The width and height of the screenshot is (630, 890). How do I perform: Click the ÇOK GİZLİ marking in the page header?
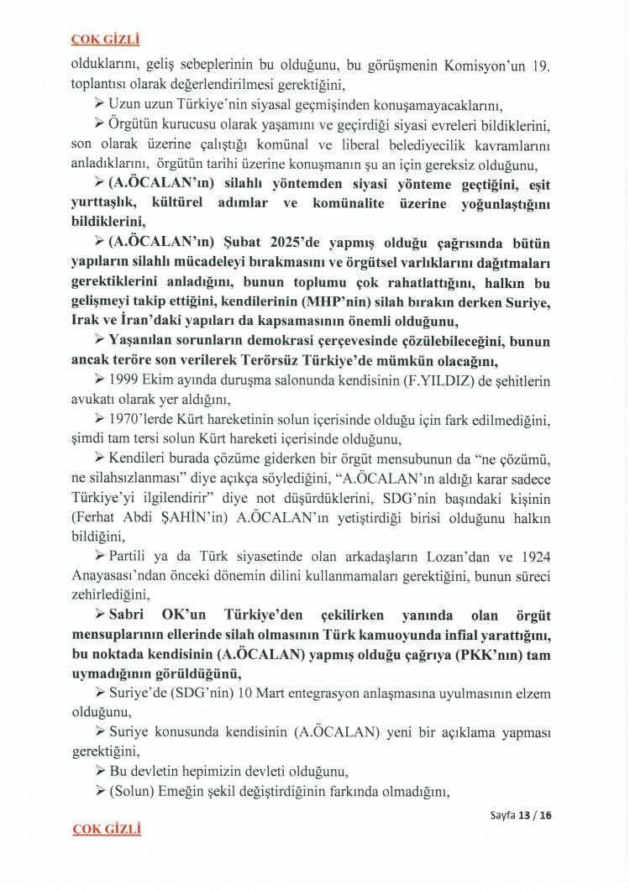pos(105,39)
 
